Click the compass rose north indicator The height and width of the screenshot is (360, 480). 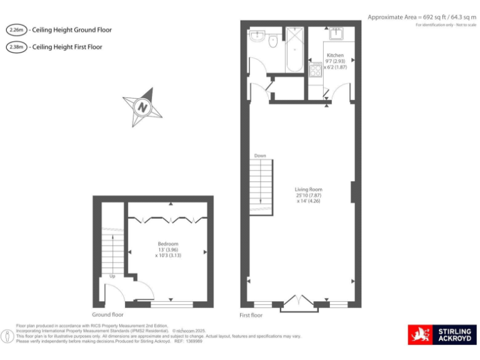pyautogui.click(x=142, y=107)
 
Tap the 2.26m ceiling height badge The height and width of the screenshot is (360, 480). pyautogui.click(x=16, y=30)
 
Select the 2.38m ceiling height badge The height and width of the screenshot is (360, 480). pyautogui.click(x=16, y=47)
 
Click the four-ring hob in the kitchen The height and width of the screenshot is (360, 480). pyautogui.click(x=315, y=67)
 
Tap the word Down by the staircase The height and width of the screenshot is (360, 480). pyautogui.click(x=260, y=156)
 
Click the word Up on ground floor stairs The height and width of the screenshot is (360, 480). pyautogui.click(x=112, y=276)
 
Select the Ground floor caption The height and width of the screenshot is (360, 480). pyautogui.click(x=107, y=315)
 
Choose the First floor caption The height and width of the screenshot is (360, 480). pyautogui.click(x=251, y=316)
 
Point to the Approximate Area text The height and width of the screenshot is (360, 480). pyautogui.click(x=422, y=17)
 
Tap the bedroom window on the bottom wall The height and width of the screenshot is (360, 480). pyautogui.click(x=171, y=304)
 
